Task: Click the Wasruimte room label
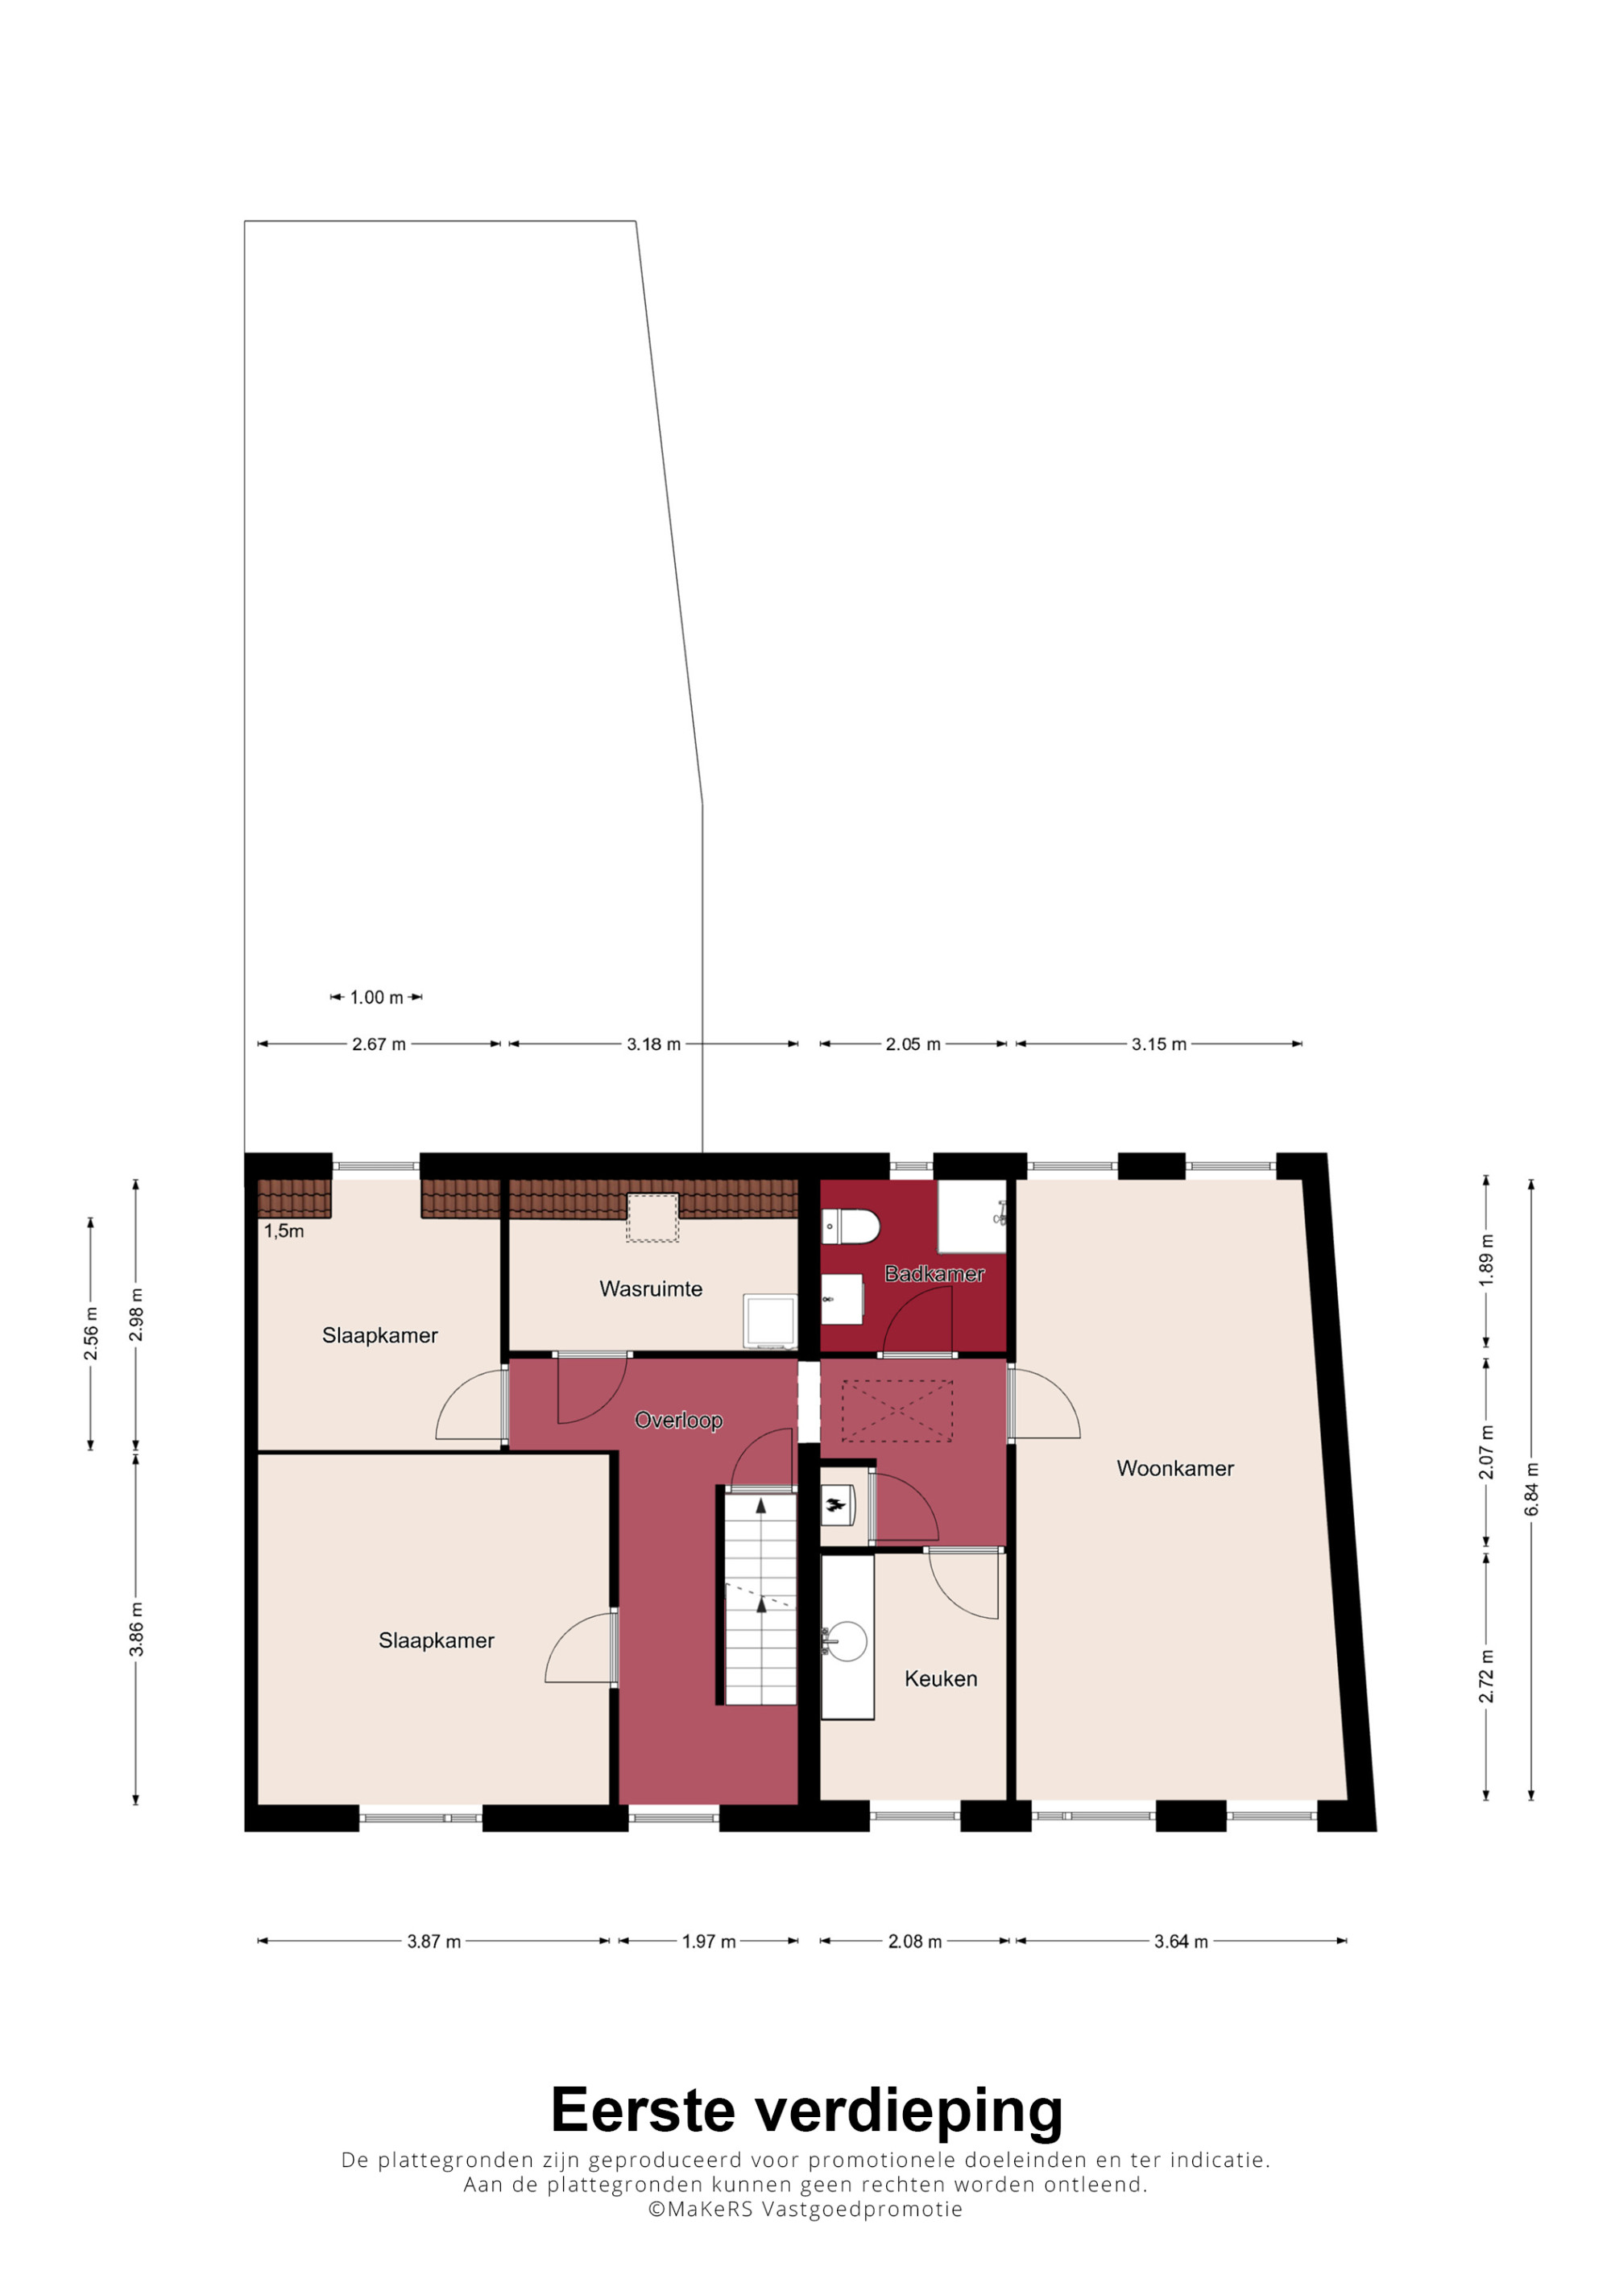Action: point(650,1288)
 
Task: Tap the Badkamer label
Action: point(934,1273)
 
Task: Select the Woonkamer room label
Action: point(1175,1468)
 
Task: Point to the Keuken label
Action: point(941,1678)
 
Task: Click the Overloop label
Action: point(678,1421)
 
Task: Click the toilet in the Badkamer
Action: point(851,1226)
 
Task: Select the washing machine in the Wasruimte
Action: point(770,1321)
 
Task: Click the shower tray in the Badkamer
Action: point(971,1216)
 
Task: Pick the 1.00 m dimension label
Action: point(376,998)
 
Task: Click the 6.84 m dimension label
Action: point(1531,1489)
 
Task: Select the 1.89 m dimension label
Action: point(1486,1260)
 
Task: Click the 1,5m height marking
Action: point(284,1230)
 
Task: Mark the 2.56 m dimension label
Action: point(90,1333)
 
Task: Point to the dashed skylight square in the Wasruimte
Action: point(652,1217)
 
